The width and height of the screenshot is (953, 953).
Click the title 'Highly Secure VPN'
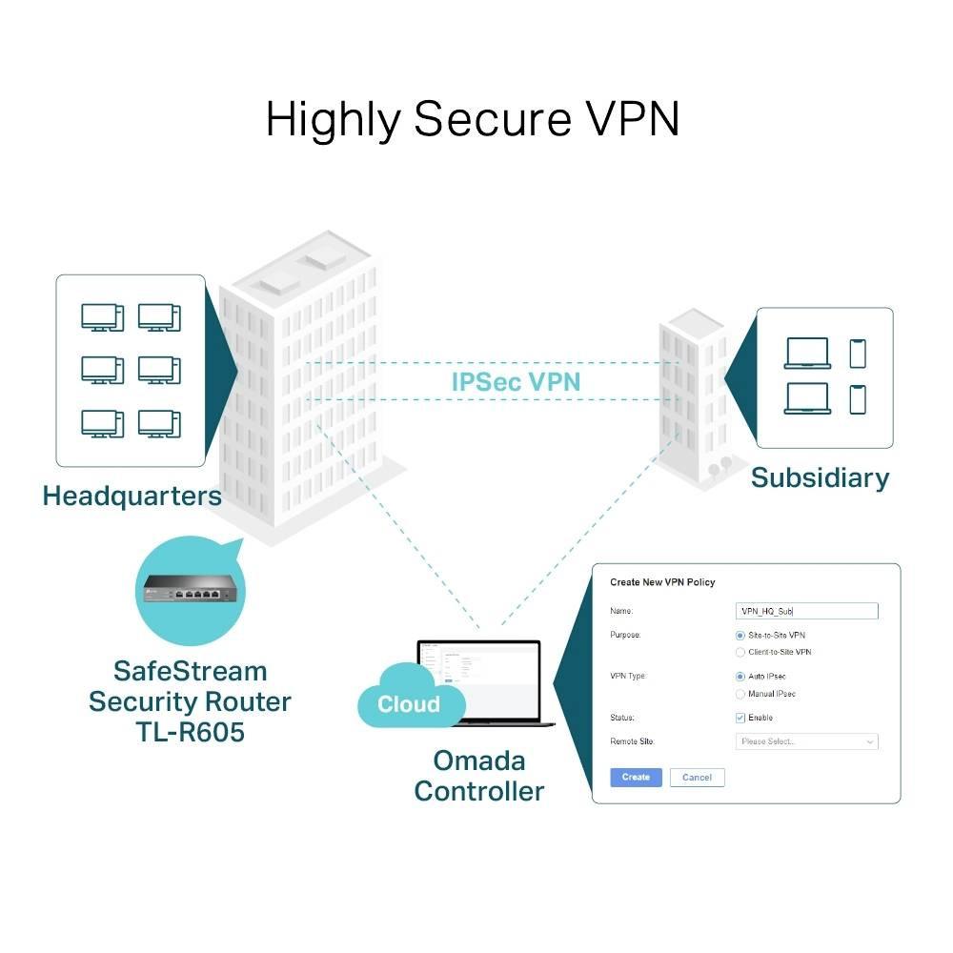point(473,120)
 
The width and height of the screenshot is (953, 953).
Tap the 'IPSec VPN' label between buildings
point(516,382)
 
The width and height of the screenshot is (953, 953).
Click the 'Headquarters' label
point(132,496)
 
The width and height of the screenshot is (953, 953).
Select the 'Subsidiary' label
point(820,477)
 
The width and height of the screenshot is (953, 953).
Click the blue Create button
point(636,777)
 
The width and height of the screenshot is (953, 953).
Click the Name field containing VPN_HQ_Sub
point(807,611)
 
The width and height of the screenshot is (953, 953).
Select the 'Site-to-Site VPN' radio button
point(740,635)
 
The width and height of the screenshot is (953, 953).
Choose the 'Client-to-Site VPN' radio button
point(740,652)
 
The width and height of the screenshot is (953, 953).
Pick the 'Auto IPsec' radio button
point(740,677)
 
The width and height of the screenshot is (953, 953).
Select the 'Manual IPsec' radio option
point(740,694)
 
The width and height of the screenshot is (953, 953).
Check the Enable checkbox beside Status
point(740,718)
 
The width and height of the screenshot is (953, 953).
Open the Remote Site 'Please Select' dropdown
point(807,741)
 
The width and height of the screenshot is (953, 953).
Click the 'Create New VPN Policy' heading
point(662,582)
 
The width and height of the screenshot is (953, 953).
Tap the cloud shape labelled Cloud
point(409,703)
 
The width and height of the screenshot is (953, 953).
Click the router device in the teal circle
point(190,589)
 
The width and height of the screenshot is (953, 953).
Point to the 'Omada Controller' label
point(479,776)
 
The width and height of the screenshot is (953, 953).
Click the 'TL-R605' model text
point(190,733)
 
